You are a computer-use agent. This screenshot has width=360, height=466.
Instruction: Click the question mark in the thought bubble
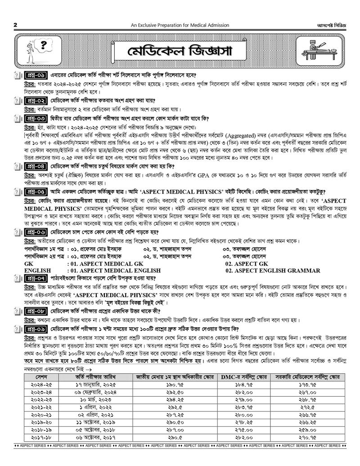44,44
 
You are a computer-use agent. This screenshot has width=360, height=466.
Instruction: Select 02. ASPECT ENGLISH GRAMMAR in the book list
273,271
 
